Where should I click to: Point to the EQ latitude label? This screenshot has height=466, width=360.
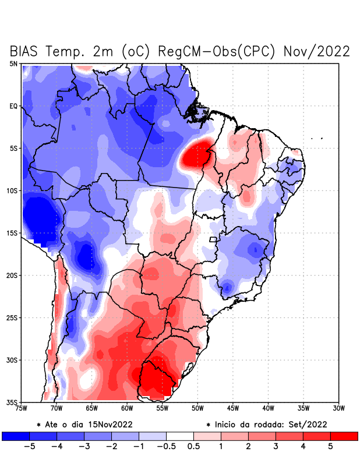coord(13,106)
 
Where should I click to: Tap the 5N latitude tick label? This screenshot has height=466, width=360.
coord(13,63)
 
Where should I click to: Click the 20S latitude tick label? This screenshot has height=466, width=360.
coord(12,276)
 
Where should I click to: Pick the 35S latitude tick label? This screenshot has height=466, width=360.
coord(12,403)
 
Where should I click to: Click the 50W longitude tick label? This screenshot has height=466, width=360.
coord(197,408)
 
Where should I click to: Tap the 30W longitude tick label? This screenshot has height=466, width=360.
coord(338,408)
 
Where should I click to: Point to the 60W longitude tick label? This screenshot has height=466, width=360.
coord(126,408)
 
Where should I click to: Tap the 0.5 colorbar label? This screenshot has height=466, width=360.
coord(193,447)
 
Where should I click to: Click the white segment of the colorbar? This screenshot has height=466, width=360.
coord(179,436)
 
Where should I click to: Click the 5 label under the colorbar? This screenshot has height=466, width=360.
coord(330,447)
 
